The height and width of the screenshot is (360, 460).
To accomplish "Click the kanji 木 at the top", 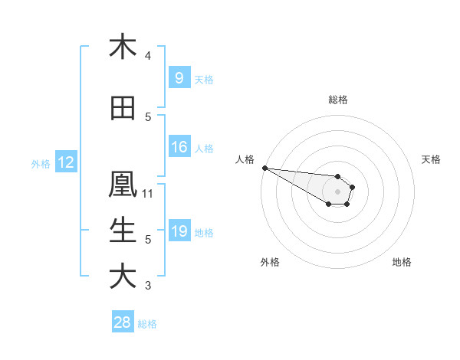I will (123, 47).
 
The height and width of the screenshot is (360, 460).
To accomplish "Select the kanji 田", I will (123, 108).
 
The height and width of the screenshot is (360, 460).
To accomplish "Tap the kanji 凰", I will (123, 185).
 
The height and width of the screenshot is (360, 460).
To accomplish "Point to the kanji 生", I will (123, 231).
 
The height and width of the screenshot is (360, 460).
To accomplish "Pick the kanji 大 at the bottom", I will (123, 277).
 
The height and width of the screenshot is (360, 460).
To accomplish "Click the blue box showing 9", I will (179, 77).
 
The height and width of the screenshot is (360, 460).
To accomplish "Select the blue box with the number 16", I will (179, 147).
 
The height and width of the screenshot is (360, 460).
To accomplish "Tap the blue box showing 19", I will (179, 231).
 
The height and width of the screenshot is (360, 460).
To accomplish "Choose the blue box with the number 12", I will (65, 162).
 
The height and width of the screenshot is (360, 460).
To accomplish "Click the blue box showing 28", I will (123, 322).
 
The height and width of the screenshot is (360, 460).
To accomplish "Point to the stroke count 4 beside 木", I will (148, 56).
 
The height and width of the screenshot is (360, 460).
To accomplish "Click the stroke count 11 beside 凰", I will (148, 194).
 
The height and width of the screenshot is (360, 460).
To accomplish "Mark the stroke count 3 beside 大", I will (148, 286).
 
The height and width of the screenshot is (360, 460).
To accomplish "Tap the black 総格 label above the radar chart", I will (337, 100).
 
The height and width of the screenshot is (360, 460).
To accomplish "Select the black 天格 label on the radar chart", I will (432, 159).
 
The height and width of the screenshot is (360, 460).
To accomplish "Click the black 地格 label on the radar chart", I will (402, 262).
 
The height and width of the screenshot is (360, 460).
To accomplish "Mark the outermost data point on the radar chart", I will (264, 168).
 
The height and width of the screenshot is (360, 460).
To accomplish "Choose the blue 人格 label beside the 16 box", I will (204, 148).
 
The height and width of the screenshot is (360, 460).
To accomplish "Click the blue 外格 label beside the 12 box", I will (40, 163).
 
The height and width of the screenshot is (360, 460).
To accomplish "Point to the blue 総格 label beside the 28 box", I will (147, 324).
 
